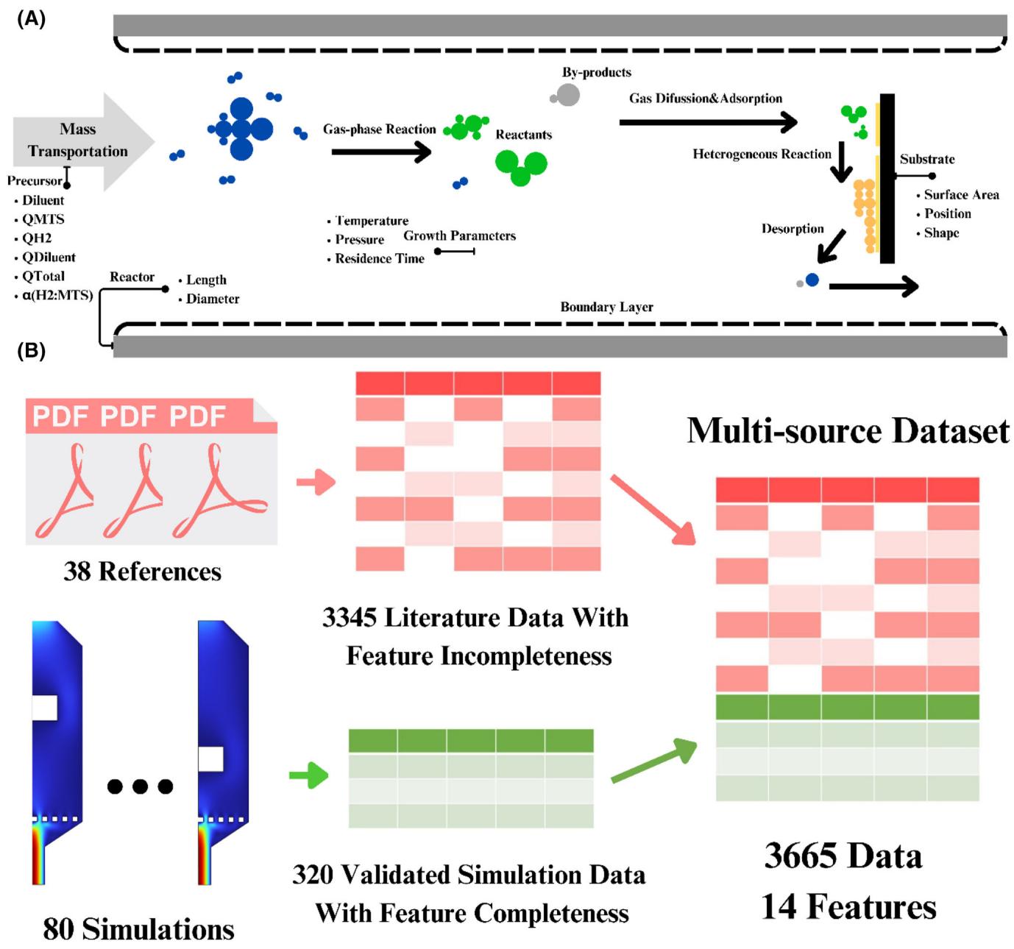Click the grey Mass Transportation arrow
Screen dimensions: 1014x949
point(82,141)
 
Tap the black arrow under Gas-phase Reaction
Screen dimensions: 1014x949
point(381,152)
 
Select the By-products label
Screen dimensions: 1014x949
point(596,72)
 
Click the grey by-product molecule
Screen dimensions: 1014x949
point(565,95)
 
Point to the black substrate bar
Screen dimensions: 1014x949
point(887,178)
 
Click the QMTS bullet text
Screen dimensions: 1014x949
point(43,219)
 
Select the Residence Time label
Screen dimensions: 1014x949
point(380,259)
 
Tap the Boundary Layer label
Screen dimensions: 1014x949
point(606,307)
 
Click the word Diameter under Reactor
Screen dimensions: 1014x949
point(213,299)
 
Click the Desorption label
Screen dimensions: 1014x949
point(793,229)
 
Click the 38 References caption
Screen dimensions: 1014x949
point(143,571)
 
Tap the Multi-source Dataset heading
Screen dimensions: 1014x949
point(848,431)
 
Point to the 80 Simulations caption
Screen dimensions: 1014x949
point(138,928)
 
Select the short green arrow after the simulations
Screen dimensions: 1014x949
point(308,775)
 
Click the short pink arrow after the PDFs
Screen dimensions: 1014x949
point(316,482)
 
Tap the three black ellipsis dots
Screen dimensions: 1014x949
point(140,786)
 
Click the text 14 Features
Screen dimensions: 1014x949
point(848,907)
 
